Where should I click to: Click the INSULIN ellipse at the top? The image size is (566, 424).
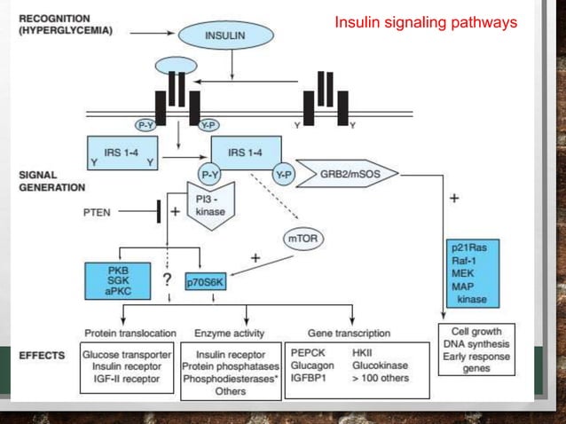pyautogui.click(x=225, y=36)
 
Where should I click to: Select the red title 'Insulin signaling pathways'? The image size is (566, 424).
pyautogui.click(x=425, y=22)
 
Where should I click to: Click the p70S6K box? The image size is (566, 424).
pyautogui.click(x=207, y=282)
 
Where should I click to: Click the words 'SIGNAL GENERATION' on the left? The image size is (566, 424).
pyautogui.click(x=48, y=181)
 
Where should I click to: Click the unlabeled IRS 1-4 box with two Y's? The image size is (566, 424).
pyautogui.click(x=121, y=153)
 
